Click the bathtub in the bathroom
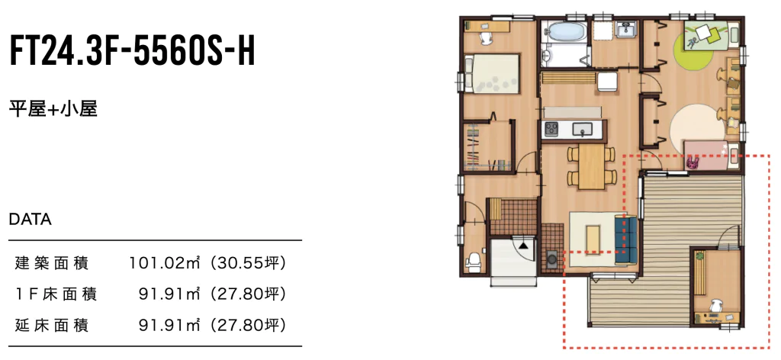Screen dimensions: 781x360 [x=564, y=32]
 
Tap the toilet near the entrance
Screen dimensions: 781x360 [x=474, y=262]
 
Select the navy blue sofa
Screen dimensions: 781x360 [x=626, y=239]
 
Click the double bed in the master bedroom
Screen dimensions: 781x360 [x=493, y=73]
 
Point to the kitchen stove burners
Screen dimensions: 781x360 [x=551, y=129]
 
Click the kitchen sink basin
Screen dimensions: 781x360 [x=582, y=130]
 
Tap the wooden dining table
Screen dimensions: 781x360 [x=591, y=166]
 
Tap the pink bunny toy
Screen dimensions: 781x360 [x=693, y=162]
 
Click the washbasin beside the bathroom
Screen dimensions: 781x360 [x=624, y=30]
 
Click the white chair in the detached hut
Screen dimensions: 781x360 [x=715, y=304]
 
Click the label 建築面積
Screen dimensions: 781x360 [x=52, y=262]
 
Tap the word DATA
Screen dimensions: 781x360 [x=31, y=219]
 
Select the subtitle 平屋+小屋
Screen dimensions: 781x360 [x=53, y=108]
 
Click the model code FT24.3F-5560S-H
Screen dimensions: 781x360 [x=133, y=51]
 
